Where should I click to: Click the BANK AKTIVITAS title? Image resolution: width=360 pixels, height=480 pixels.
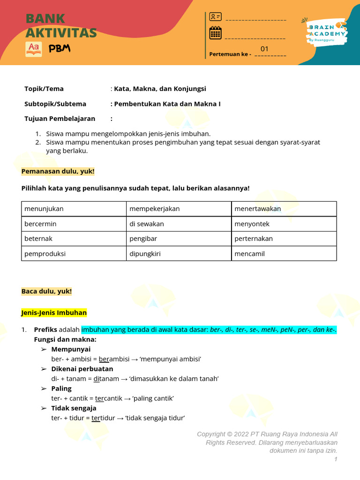pos(61,26)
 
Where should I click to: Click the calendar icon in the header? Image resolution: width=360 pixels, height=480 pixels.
pos(215,33)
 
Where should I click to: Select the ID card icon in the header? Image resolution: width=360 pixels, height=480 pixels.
pos(215,17)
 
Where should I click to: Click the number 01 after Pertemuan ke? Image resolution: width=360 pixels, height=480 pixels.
pos(265,49)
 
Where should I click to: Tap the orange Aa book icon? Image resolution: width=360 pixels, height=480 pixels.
pos(34,49)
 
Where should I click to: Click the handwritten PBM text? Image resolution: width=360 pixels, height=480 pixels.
pos(60,49)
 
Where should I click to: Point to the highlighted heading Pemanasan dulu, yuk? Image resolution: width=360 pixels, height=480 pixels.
pos(58,172)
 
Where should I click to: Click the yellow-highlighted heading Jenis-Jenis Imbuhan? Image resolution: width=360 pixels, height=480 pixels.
pos(54,313)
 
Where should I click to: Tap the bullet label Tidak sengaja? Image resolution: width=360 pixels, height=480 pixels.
pos(74,408)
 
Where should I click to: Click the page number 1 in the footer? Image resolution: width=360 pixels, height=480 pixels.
pos(336,459)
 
